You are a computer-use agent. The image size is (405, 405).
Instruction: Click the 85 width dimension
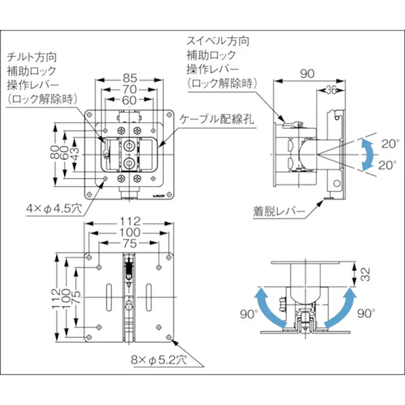coord(128,78)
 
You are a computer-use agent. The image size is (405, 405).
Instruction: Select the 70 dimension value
coord(128,89)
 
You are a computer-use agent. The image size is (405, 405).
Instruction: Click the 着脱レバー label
coord(279,213)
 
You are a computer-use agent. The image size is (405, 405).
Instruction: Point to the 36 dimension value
coord(332,89)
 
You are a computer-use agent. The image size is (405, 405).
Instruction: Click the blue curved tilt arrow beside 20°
coord(368,154)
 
